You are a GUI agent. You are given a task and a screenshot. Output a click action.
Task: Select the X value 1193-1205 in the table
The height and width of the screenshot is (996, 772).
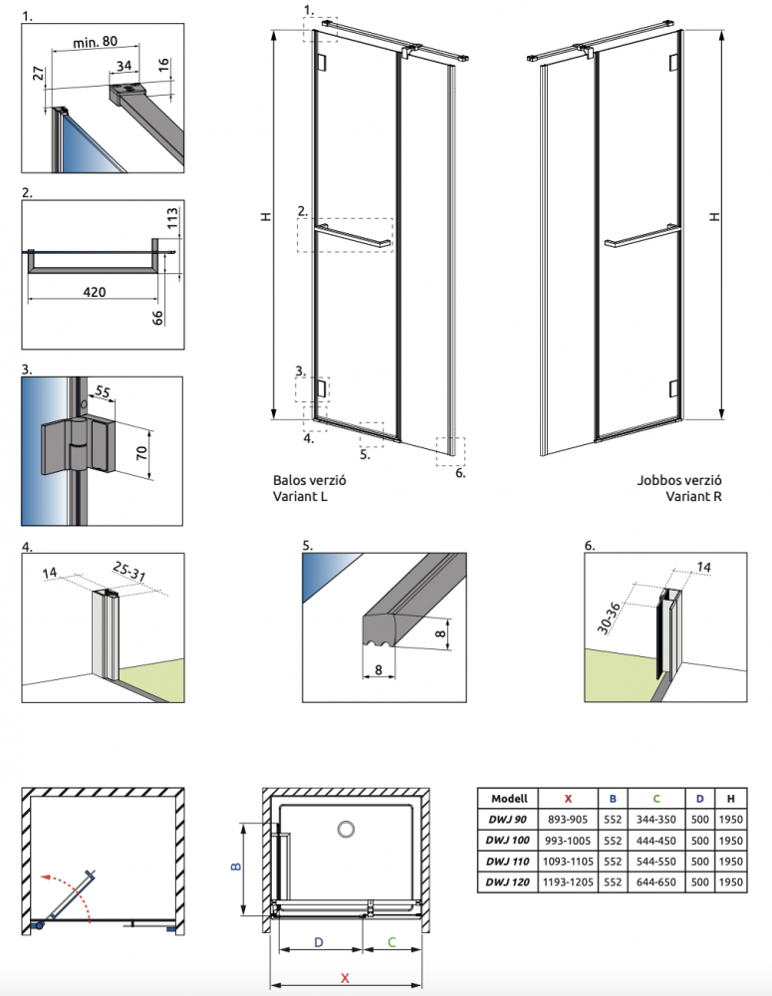568,883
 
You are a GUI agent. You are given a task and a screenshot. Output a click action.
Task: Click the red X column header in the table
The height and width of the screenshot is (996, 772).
568,798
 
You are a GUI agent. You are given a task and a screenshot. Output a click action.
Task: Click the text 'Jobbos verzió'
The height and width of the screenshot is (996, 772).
678,479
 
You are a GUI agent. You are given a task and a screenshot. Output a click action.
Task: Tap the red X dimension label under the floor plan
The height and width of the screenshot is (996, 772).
345,978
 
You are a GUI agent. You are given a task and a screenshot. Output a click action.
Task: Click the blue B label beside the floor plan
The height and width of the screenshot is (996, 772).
236,866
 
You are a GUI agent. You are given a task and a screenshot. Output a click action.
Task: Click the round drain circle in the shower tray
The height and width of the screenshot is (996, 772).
347,829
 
